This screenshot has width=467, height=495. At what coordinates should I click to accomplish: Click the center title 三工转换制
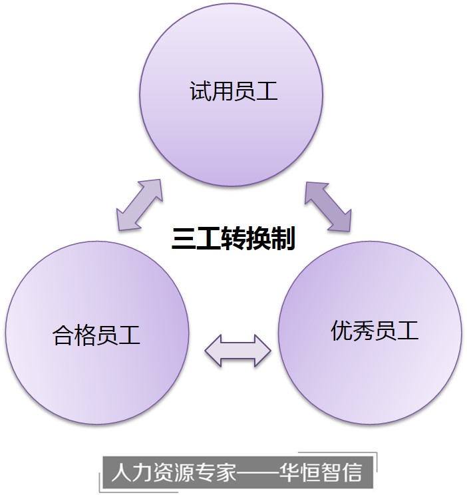click(233, 238)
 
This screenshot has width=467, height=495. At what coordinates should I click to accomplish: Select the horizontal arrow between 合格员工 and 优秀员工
click(237, 349)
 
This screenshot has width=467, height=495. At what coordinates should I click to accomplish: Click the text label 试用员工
click(233, 91)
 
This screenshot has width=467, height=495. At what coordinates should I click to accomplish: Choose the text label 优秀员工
click(375, 330)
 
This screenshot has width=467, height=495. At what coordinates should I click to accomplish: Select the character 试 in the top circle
click(200, 91)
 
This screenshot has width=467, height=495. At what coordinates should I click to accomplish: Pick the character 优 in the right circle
click(342, 330)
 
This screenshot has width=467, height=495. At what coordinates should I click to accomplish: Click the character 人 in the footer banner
click(120, 473)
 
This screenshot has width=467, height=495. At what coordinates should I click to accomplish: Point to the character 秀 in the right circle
click(364, 330)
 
